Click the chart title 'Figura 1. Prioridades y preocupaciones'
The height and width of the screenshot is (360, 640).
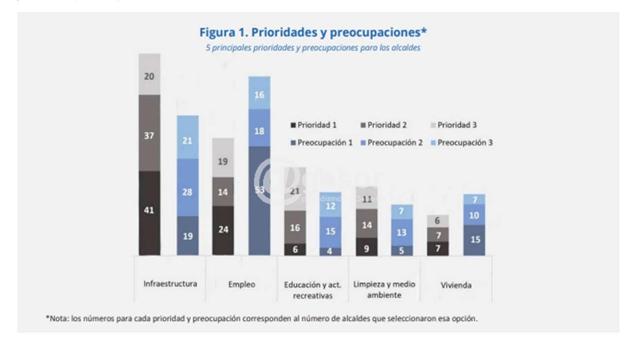click(x=313, y=33)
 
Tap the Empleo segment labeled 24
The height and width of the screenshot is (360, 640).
click(x=223, y=230)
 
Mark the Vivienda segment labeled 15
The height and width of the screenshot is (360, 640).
click(x=474, y=240)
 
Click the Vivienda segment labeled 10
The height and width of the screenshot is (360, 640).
click(x=474, y=215)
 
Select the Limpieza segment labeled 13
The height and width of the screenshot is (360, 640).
click(x=402, y=232)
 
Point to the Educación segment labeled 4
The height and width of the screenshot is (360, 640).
click(x=330, y=251)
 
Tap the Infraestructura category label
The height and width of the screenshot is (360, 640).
click(x=170, y=284)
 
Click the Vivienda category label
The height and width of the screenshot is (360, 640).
click(x=456, y=285)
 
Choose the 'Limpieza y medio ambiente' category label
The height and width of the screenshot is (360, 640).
click(x=384, y=290)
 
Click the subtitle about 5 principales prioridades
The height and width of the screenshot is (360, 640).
click(x=313, y=48)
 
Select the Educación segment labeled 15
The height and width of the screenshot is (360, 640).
click(x=330, y=231)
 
